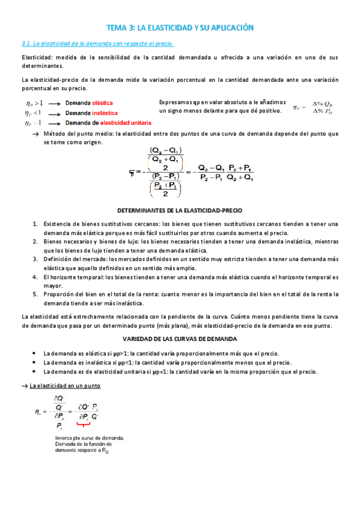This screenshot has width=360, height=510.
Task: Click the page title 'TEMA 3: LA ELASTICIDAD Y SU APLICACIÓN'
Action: tap(180, 28)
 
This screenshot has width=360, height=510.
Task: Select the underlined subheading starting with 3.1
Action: tap(97, 43)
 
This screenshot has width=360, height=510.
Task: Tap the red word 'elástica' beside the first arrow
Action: tap(102, 103)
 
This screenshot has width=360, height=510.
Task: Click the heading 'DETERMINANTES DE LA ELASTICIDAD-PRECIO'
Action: tap(180, 211)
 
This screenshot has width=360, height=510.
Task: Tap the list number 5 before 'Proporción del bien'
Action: tap(35, 293)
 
